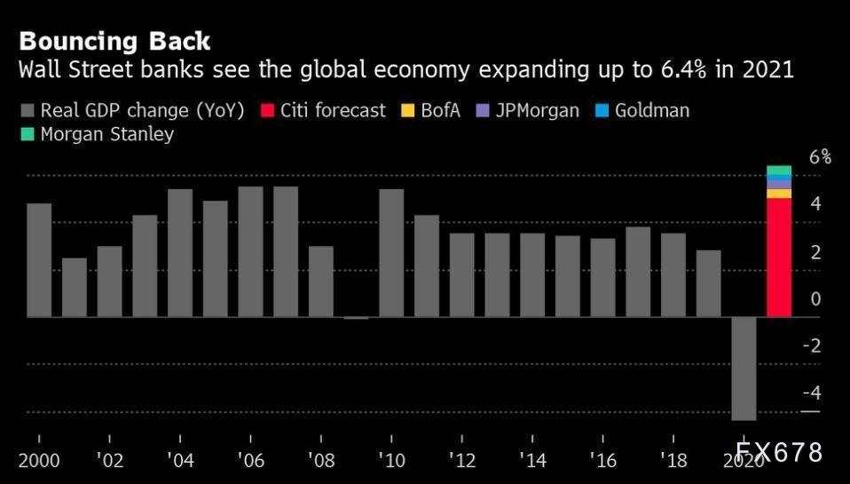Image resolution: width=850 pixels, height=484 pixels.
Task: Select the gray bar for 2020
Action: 744,368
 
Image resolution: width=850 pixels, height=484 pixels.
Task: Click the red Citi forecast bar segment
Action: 779,258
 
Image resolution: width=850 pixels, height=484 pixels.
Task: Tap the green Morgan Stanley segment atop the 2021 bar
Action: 779,171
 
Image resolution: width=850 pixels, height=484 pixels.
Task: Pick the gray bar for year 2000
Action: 39,260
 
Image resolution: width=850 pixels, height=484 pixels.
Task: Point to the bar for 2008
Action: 321,282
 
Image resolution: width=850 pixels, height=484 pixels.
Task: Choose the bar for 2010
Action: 391,253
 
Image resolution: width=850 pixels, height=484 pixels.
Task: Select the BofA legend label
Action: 439,111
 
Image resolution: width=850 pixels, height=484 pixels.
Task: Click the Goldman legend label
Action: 651,111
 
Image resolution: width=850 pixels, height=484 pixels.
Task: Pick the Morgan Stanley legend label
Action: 107,135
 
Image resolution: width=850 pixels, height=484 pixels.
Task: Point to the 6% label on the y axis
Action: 820,157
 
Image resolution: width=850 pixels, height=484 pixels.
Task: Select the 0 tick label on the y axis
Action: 816,299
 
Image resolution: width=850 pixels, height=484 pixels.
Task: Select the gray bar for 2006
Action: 250,251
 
